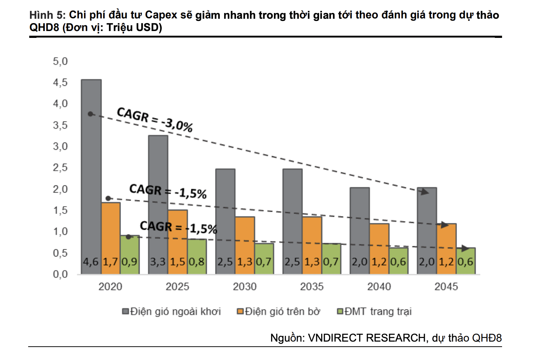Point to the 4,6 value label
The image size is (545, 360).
tap(91, 262)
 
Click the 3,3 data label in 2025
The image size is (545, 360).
tap(158, 262)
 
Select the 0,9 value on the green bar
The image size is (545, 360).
tap(130, 262)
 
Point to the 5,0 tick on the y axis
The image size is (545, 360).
tap(60, 61)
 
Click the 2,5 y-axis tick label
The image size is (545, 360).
tap(60, 168)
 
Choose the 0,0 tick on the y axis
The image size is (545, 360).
tap(60, 274)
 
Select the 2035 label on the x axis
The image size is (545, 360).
tap(312, 287)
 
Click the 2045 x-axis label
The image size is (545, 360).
tap(446, 287)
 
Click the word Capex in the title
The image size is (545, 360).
tap(161, 15)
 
